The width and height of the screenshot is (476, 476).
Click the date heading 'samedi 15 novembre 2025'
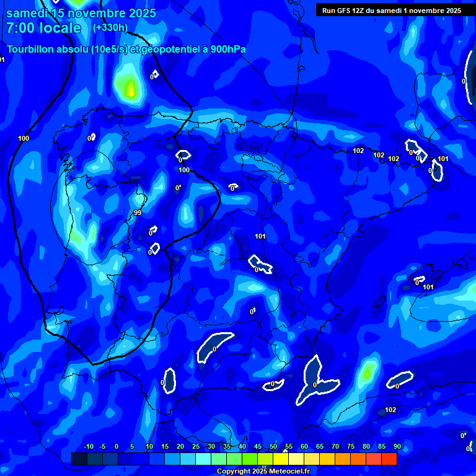tap(81, 13)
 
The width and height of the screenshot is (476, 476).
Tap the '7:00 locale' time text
tap(44, 28)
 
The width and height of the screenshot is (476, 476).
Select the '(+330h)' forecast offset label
tap(110, 28)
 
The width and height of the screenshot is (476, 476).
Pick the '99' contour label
tap(138, 213)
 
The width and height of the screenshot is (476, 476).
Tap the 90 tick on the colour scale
tap(397, 446)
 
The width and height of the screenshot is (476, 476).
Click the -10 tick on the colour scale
tap(88, 446)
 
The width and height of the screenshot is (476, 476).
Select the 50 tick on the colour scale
tap(273, 446)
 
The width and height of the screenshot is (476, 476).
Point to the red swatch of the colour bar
tap(389, 459)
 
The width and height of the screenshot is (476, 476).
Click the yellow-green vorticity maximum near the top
tap(130, 88)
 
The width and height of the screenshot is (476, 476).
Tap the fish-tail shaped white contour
tap(315, 379)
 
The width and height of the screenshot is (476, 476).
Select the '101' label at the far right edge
tap(443, 159)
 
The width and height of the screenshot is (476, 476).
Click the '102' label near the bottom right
tap(390, 410)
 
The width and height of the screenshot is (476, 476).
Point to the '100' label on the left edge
tap(24, 138)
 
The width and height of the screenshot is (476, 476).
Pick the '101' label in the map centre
tap(260, 236)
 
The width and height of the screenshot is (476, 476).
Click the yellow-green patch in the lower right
tap(368, 372)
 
